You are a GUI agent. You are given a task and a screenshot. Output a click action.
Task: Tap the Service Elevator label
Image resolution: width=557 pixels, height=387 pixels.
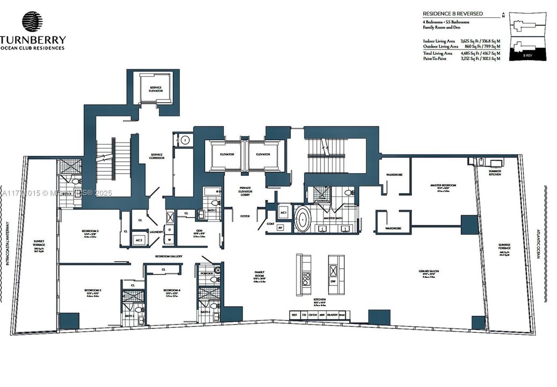(155, 89)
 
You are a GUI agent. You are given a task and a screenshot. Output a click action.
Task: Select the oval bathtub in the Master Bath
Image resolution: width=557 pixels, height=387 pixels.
(303, 220)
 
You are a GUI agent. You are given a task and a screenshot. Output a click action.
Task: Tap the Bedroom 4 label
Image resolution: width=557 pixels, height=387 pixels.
(172, 292)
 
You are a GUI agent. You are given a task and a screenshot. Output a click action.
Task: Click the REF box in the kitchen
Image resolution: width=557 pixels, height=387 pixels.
(294, 314)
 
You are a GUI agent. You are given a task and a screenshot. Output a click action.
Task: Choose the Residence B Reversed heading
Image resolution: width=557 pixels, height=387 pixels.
(452, 13)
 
